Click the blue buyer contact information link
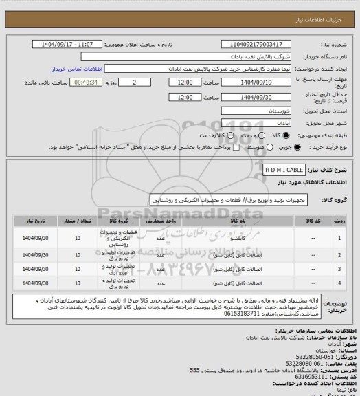[77, 69]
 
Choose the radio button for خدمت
[252, 135]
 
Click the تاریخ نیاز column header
[32, 223]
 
